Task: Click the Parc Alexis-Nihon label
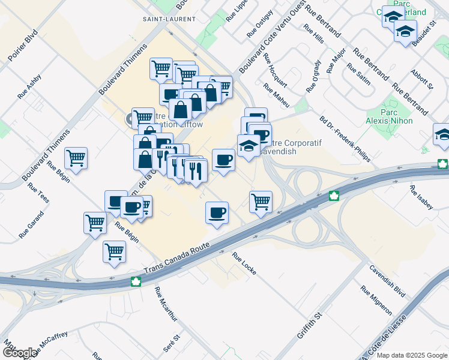pos(399,116)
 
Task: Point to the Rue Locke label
pos(244,263)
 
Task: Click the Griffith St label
pos(310,325)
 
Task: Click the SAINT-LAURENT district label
pos(169,19)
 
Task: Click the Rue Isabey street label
pos(421,197)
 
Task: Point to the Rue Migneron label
pos(376,300)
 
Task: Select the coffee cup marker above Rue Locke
pos(217,212)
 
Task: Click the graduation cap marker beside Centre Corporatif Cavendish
pos(249,145)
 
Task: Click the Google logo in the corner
pos(20,353)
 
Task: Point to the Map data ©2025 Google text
pos(412,355)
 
